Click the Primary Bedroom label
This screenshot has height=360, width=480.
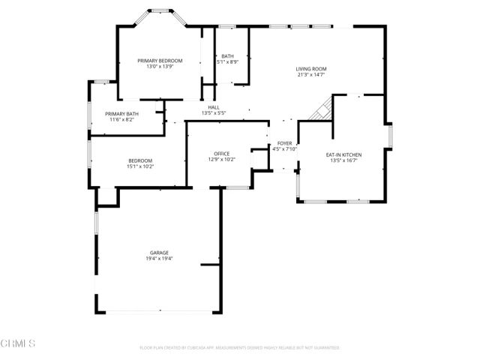[160, 60]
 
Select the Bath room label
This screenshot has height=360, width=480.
[227, 56]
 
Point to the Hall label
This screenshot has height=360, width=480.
[214, 107]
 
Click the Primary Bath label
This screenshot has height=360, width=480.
[121, 113]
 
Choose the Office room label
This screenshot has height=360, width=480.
[221, 153]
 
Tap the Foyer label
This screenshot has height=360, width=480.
[284, 142]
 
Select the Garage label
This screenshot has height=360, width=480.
[159, 253]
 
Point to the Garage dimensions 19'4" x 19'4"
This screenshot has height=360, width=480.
[159, 259]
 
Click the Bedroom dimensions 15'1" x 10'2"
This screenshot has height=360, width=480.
[140, 166]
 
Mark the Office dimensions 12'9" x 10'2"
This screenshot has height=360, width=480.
[221, 159]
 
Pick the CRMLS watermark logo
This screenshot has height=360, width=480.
[18, 344]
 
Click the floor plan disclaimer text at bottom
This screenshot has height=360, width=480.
[240, 348]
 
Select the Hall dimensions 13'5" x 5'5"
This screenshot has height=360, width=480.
[214, 113]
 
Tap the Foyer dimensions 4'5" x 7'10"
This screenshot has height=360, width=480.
[284, 148]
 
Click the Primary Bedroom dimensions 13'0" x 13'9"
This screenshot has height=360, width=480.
[160, 66]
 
